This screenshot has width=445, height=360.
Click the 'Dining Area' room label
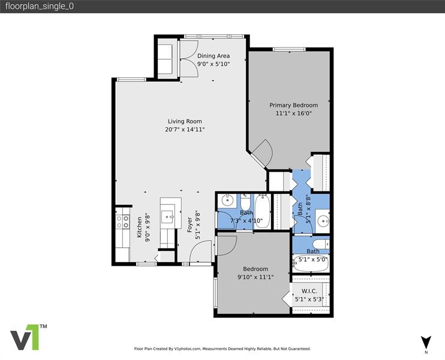[x=214, y=56]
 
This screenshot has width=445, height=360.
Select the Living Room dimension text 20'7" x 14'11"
[x=185, y=129]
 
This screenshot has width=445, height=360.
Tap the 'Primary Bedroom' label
[x=293, y=105]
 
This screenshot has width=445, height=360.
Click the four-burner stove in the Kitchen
[x=122, y=222]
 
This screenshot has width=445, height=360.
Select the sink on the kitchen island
[x=171, y=216]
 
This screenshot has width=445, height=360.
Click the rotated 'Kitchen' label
[x=139, y=227]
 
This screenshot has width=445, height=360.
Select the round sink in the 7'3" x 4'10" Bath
[x=227, y=200]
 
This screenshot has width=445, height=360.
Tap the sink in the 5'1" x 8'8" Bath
[x=321, y=220]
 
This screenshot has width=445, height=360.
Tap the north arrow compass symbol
[x=425, y=343]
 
